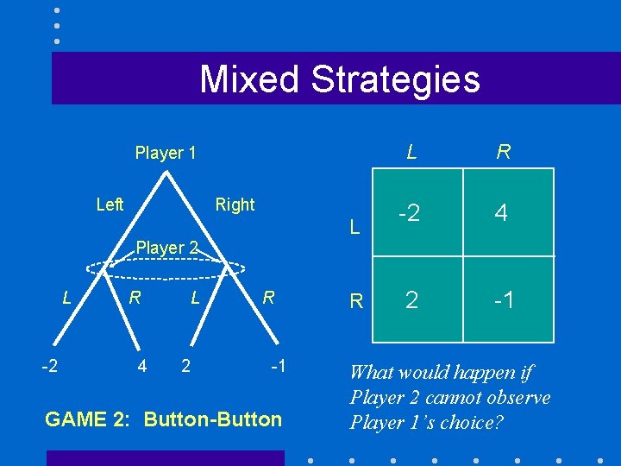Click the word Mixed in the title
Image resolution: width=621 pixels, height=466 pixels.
250,79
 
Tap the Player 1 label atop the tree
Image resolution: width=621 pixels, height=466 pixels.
166,154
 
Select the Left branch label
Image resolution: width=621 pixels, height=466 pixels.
110,205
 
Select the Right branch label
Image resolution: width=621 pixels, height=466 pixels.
235,205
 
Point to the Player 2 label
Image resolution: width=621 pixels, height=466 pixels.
167,248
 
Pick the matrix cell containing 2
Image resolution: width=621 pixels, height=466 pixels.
411,299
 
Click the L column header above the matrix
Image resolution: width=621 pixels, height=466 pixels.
412,153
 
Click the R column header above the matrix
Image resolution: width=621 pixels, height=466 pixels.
504,153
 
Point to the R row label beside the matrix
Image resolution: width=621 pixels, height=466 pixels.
355,302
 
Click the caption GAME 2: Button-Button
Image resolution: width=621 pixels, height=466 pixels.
163,419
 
